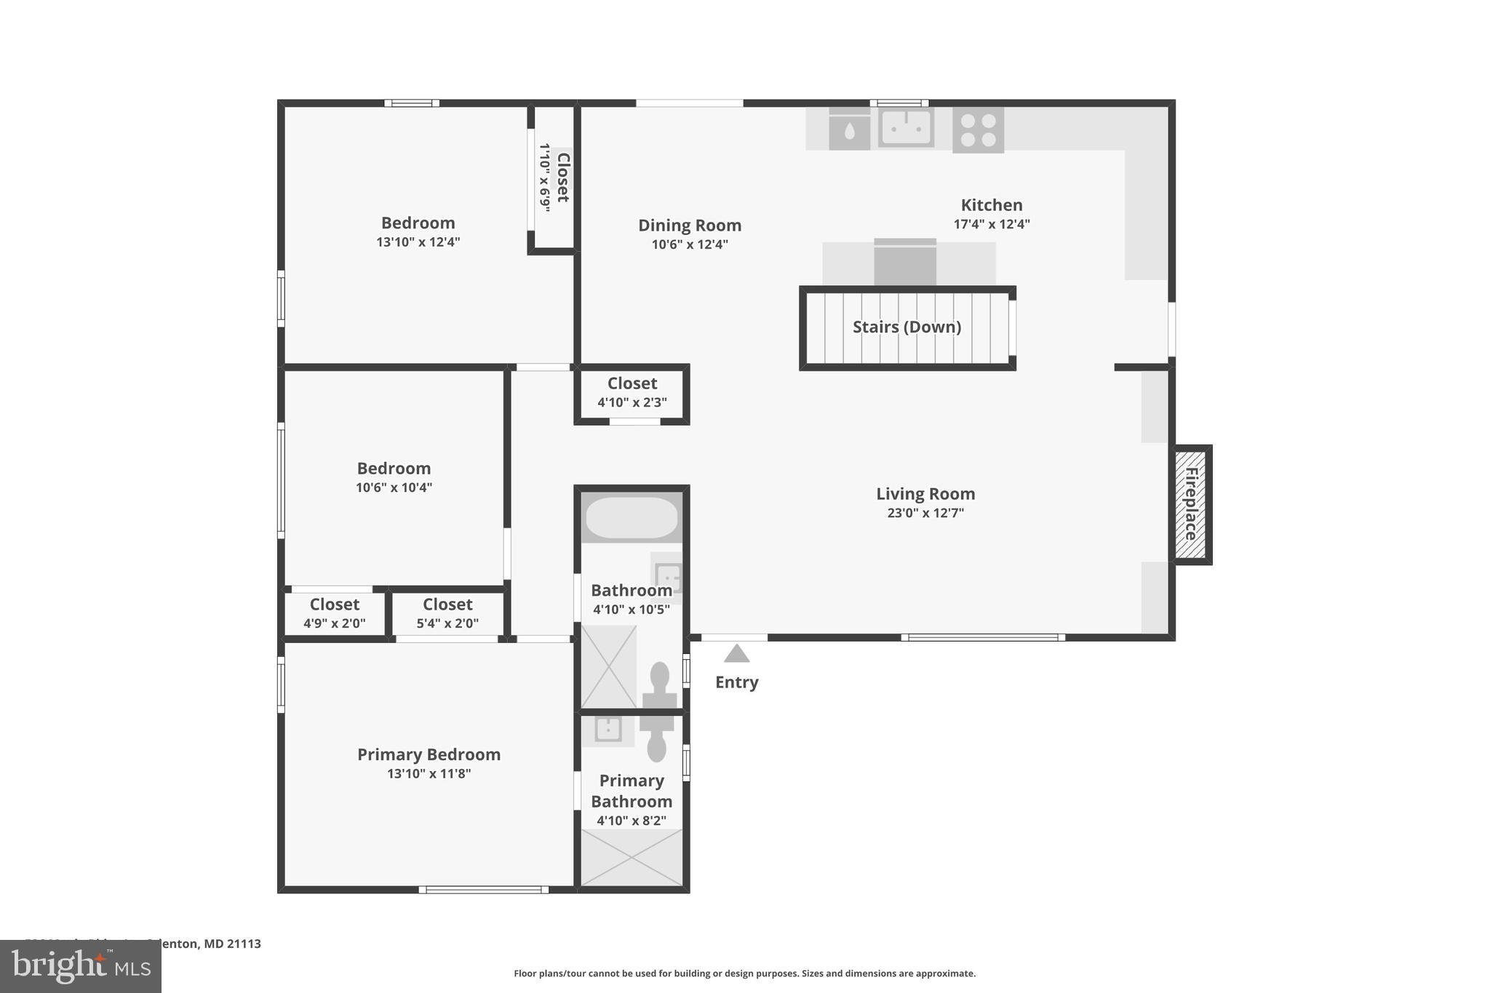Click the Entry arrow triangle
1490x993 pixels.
coord(736,653)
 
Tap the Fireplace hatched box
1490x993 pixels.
coord(1191,504)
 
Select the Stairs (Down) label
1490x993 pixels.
coord(907,327)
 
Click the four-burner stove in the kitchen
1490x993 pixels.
coord(978,130)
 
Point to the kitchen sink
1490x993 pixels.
coord(906,128)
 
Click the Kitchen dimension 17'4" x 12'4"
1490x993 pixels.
coord(991,224)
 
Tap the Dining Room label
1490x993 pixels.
coord(689,226)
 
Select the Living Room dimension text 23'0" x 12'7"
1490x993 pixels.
coord(925,513)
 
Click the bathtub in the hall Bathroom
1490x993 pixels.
coord(632,517)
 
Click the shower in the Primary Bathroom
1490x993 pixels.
coord(632,858)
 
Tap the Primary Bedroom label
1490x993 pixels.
coord(429,754)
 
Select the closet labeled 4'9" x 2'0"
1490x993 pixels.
coord(334,613)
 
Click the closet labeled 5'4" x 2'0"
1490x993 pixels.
coord(447,613)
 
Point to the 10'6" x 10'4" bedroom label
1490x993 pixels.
coord(394,477)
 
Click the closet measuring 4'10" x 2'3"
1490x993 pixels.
coord(632,392)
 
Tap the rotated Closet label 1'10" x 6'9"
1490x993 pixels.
coord(554,178)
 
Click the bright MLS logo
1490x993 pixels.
coord(81,966)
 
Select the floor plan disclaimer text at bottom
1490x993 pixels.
coord(744,973)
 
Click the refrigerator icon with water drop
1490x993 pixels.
coord(849,130)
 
